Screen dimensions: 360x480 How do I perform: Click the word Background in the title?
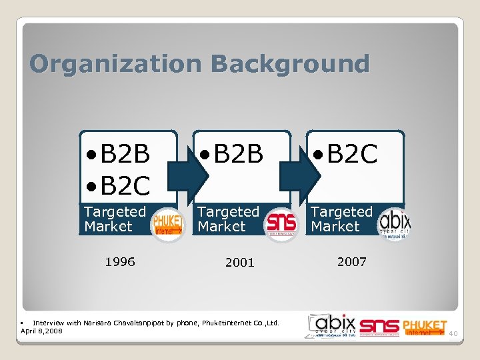pyautogui.click(x=289, y=65)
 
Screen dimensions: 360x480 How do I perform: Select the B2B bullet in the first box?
pyautogui.click(x=118, y=155)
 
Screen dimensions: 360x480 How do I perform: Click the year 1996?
pyautogui.click(x=120, y=262)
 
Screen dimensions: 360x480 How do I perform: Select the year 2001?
pyautogui.click(x=240, y=263)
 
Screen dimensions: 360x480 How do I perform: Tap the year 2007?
pyautogui.click(x=351, y=262)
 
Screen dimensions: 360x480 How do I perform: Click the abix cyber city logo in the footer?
pyautogui.click(x=331, y=324)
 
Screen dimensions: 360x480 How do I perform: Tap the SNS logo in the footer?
pyautogui.click(x=379, y=327)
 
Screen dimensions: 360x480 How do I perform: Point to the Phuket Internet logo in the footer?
pyautogui.click(x=424, y=327)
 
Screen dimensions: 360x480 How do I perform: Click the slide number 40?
pyautogui.click(x=453, y=333)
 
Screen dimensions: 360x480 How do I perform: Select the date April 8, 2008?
pyautogui.click(x=41, y=331)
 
